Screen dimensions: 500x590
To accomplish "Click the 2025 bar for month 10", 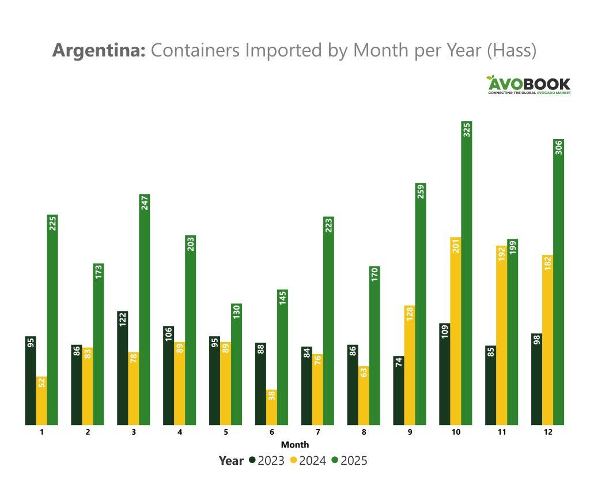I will coord(467,277).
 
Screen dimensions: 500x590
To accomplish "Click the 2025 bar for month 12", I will coord(558,283).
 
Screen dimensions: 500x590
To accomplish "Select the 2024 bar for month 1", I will coord(41,401).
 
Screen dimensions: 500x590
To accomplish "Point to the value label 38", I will coord(271,397).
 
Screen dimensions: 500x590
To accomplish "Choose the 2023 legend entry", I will coord(266,461).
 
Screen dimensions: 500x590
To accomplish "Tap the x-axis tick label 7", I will coord(317,433).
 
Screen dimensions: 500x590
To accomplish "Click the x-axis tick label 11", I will coord(501,433).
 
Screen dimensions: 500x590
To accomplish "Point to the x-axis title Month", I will coord(294,445).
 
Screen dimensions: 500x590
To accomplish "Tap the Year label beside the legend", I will coord(231,461).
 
